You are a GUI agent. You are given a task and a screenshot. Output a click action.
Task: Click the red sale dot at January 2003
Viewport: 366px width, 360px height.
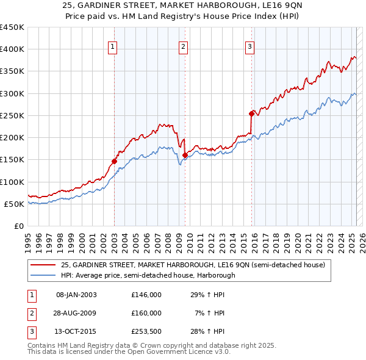pos(114,162)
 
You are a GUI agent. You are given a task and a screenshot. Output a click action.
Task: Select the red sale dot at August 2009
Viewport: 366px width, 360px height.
pos(185,155)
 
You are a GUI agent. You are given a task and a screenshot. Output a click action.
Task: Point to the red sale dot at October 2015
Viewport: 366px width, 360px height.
pos(251,113)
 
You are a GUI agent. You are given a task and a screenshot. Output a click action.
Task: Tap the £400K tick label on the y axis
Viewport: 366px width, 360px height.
pos(12,49)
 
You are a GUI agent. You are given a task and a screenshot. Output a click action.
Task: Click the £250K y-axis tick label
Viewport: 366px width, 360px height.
pos(12,115)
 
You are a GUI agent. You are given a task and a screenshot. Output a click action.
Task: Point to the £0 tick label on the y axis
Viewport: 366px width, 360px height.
pos(18,226)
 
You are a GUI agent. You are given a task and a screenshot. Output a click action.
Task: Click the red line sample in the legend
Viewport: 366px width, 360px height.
pos(44,265)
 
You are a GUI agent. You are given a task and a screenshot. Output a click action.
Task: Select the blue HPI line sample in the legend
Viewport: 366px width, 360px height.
pos(44,275)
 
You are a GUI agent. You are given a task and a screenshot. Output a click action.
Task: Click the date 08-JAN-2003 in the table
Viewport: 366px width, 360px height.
pos(76,295)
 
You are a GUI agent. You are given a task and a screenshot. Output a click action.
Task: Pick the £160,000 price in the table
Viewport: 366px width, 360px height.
pos(146,313)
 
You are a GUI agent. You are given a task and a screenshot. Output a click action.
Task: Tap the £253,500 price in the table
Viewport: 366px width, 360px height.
pos(146,331)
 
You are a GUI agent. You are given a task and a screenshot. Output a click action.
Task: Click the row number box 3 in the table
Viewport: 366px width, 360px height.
pos(30,331)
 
